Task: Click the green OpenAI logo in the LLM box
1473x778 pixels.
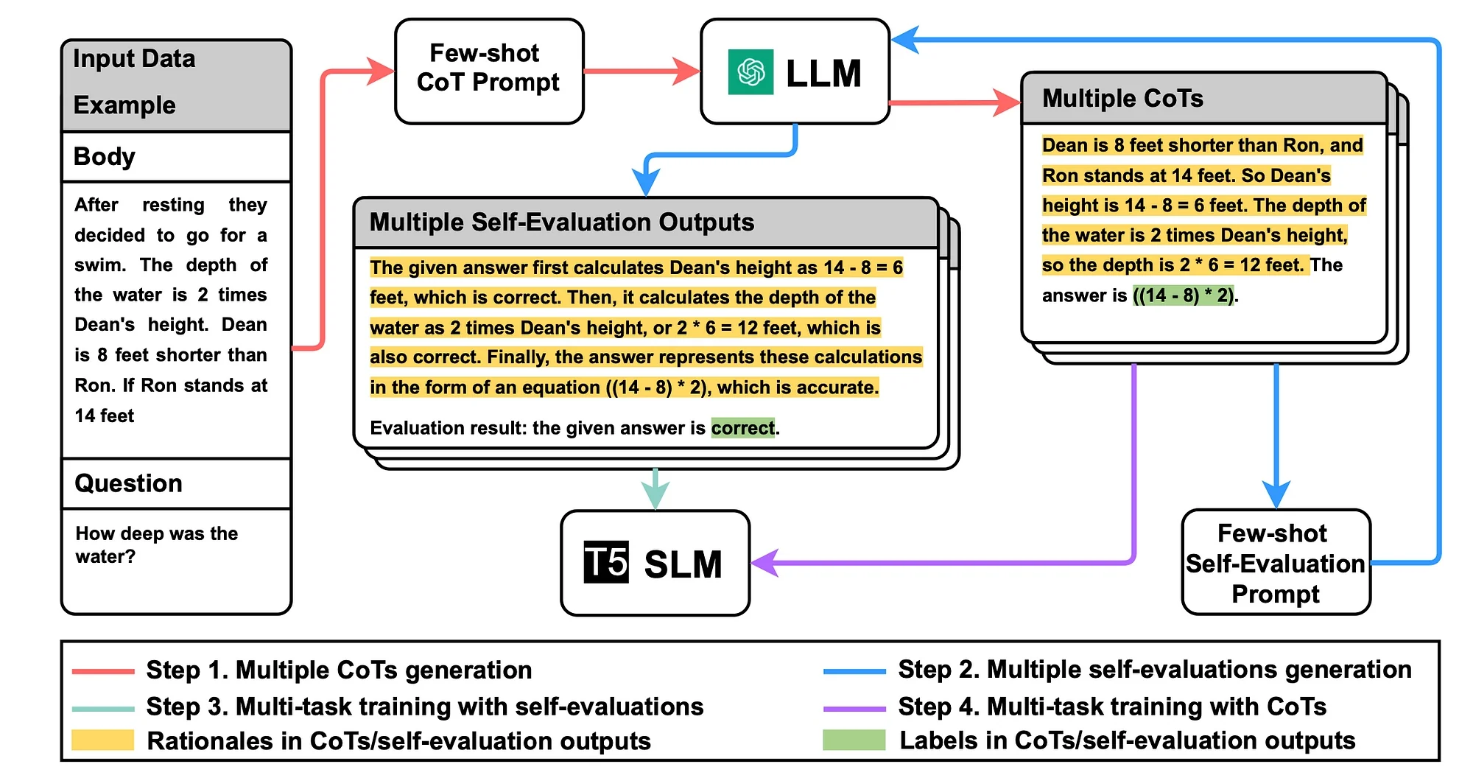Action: pos(750,72)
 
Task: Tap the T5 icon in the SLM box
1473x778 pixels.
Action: pos(606,563)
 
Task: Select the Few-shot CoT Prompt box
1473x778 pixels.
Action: pos(489,71)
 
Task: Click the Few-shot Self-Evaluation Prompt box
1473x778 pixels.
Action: pos(1276,563)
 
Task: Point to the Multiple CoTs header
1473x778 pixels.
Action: pos(1122,98)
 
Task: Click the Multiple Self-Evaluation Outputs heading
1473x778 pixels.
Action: pos(561,222)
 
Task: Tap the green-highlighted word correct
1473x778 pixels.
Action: pos(742,428)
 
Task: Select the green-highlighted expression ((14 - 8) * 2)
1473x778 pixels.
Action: pos(1184,295)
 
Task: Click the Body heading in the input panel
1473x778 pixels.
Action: pos(105,156)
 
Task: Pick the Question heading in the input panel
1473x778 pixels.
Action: pos(128,483)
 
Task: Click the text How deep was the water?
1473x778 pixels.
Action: pos(156,544)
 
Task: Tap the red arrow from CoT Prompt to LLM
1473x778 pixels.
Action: pos(641,71)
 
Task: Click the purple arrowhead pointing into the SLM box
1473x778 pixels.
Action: pos(764,563)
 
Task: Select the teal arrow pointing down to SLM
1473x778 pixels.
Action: pos(655,489)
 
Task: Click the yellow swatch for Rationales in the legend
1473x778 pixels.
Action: pos(103,740)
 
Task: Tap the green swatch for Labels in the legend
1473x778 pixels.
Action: pos(854,740)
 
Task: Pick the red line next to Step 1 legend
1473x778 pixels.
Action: pos(103,671)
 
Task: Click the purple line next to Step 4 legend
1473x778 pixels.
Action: pos(854,709)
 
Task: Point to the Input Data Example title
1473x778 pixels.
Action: pos(134,81)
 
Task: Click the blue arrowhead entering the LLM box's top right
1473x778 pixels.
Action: pos(906,39)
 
